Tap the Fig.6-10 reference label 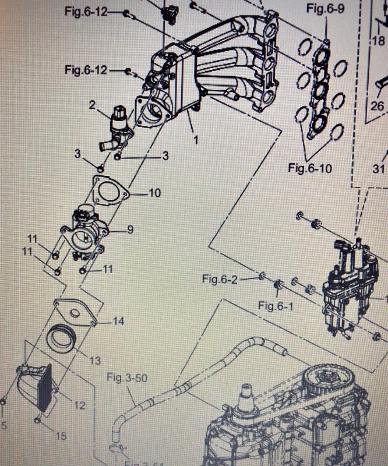click(310, 169)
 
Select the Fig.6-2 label click(220, 279)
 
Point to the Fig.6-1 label click(276, 306)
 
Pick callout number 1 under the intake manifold click(196, 140)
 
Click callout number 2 click(92, 105)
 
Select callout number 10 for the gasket click(154, 192)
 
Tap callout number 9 click(130, 230)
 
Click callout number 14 click(118, 321)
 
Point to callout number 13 click(95, 361)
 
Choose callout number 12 click(80, 404)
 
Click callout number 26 click(378, 107)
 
